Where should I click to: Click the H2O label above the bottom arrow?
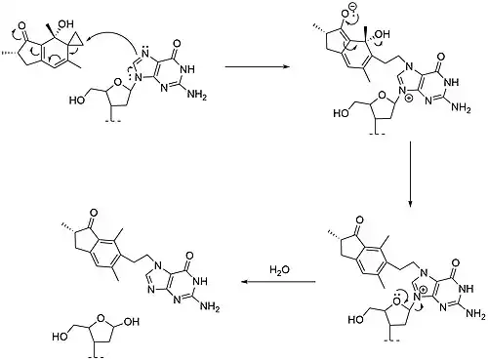coord(279,269)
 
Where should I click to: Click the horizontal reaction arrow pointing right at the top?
coord(258,67)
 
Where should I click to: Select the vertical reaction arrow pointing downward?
coord(410,174)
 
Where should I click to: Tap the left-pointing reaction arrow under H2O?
coord(278,282)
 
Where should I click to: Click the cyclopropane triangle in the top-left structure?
coord(77,40)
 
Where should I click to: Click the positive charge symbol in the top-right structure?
coord(408,98)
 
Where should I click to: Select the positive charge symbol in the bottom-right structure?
coord(423,290)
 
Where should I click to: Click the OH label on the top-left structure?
coord(65,24)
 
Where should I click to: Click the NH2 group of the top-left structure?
coord(196,95)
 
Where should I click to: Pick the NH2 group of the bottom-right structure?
coord(475,313)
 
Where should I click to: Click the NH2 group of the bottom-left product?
coord(210,306)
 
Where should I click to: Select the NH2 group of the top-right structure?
coord(461,107)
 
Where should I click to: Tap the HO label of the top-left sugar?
coord(77,100)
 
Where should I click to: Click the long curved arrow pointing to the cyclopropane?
coord(109,37)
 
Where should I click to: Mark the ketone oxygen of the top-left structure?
coord(21,26)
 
